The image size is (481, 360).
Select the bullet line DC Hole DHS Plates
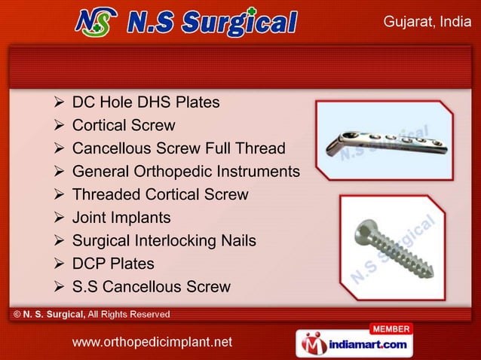click(x=146, y=102)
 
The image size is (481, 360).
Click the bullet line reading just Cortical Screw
click(x=124, y=126)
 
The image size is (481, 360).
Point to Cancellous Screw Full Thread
click(x=179, y=148)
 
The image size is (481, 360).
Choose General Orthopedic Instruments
click(x=185, y=172)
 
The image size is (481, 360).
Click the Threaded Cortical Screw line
click(x=160, y=194)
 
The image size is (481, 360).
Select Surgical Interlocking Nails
click(x=164, y=241)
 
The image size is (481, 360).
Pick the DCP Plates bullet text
click(x=113, y=264)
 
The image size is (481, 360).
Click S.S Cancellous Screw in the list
click(x=151, y=287)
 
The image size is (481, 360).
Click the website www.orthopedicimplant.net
click(x=152, y=343)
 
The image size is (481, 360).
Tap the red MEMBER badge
click(x=391, y=329)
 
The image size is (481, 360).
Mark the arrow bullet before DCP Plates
click(x=60, y=264)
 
